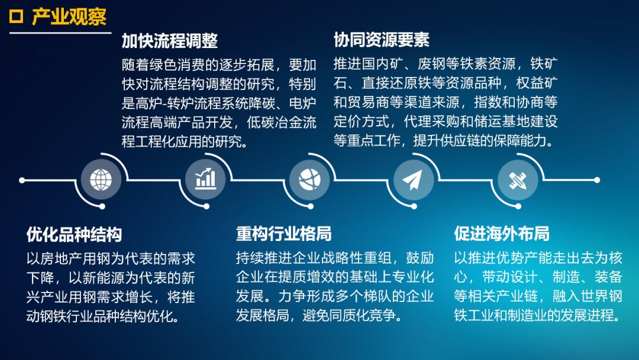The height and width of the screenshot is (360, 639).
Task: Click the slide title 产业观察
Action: (69, 17)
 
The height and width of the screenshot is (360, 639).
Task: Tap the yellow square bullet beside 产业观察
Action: (17, 17)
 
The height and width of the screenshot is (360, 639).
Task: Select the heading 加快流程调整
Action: (170, 41)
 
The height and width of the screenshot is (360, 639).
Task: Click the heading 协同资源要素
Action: (382, 40)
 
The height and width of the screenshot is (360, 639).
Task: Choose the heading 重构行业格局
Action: (283, 234)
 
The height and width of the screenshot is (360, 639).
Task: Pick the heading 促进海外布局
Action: (502, 234)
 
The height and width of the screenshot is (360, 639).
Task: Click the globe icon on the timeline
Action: (101, 180)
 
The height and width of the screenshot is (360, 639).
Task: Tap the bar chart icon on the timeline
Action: (205, 179)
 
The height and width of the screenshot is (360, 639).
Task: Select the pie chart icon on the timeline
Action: (309, 179)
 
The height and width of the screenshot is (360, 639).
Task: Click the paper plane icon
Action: (413, 180)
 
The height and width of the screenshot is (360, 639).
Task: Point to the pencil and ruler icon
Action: (518, 180)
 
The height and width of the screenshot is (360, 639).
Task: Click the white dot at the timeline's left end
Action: (22, 180)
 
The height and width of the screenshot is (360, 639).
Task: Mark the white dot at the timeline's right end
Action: (597, 180)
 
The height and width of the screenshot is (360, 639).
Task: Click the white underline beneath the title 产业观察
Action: (60, 33)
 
